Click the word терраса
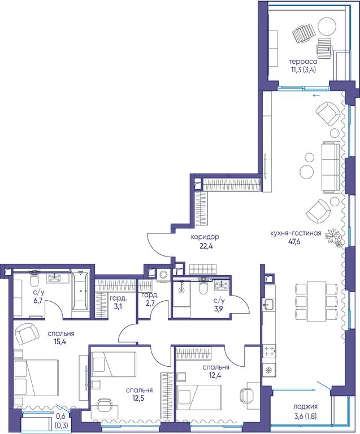[303, 62]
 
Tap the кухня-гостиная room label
[296, 233]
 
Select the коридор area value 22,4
[206, 246]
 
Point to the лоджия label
[305, 407]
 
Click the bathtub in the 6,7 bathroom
[80, 290]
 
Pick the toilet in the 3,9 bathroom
[203, 287]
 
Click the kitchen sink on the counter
[268, 304]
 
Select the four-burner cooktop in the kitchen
[269, 351]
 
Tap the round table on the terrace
[327, 27]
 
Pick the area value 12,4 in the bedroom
[215, 376]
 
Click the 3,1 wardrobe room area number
[118, 307]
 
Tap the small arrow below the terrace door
[316, 95]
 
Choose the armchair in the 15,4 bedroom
[27, 334]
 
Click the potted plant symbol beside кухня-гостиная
[333, 237]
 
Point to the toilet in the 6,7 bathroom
[34, 279]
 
